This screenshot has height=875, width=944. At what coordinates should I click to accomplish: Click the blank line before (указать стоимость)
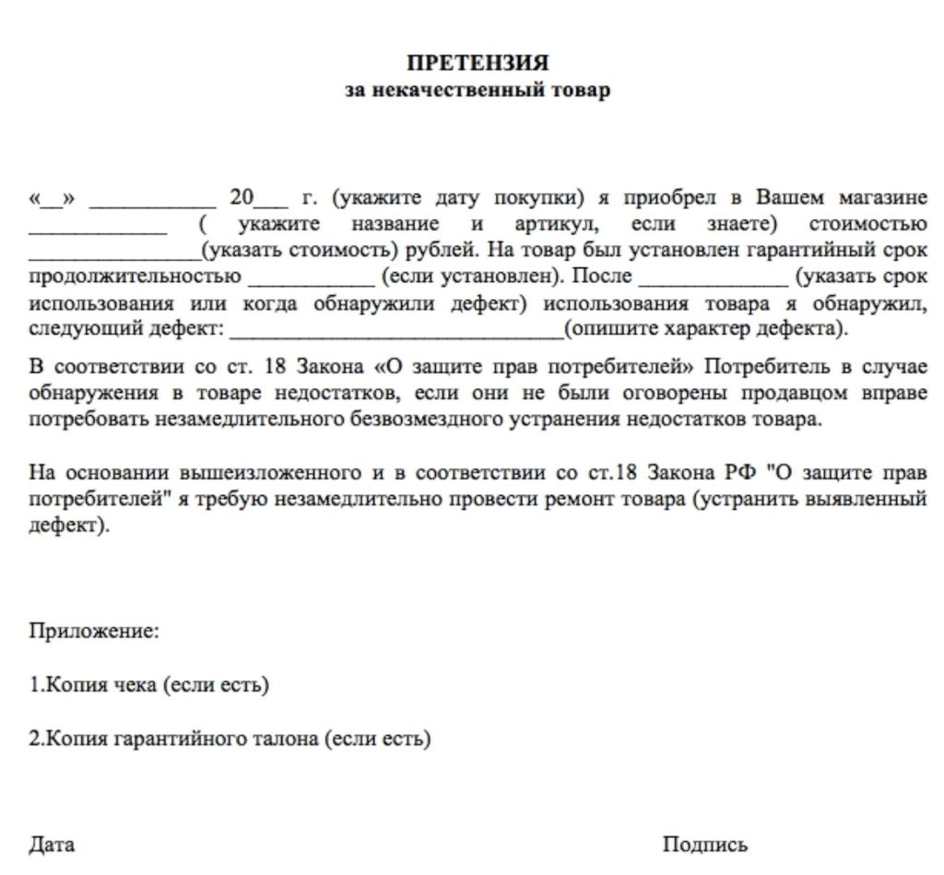click(114, 251)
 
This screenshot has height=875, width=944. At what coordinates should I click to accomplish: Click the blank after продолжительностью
click(309, 277)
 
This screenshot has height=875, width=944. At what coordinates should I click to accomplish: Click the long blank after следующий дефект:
click(396, 329)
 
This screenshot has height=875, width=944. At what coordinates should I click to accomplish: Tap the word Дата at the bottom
click(53, 845)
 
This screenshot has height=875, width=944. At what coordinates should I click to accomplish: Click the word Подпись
click(705, 845)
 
